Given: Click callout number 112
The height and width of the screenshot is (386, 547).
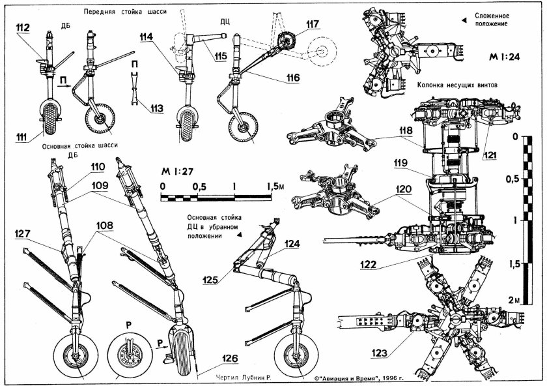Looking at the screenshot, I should click(x=23, y=28).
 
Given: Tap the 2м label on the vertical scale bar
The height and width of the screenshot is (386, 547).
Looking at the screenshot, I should click(x=514, y=299).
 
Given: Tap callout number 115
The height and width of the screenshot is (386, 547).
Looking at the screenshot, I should click(x=221, y=56).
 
